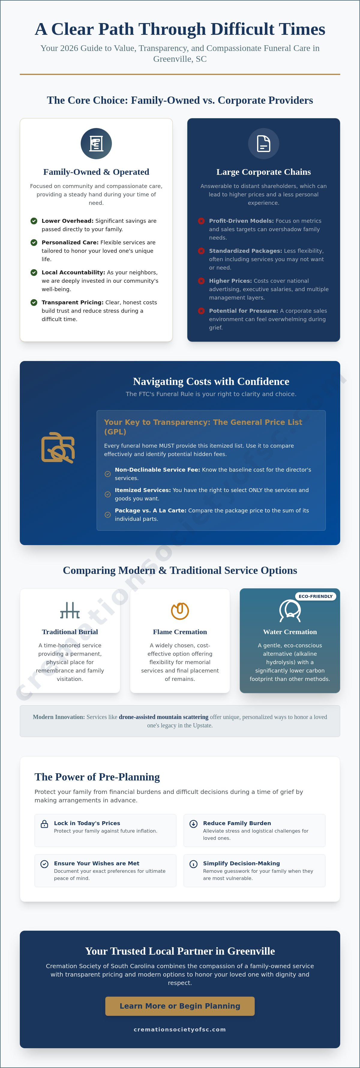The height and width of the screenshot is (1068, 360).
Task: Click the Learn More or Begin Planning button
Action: coord(180,1006)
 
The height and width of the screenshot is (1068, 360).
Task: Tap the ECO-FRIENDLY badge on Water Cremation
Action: coord(316,596)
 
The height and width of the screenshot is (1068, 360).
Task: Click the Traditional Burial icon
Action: coord(70,610)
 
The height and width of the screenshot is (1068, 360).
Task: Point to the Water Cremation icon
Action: coord(290,610)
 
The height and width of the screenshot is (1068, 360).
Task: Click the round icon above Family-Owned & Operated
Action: coord(96,143)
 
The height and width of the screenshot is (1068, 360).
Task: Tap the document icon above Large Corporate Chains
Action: coord(264,143)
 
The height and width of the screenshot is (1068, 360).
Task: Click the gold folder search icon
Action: coord(58,448)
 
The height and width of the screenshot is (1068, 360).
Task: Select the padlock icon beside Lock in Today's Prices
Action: coord(44,824)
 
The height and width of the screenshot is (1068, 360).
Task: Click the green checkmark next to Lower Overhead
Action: coord(34,221)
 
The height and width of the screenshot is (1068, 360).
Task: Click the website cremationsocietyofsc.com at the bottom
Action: coord(180,1029)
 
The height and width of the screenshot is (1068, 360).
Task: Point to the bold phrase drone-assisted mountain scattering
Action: coord(164,717)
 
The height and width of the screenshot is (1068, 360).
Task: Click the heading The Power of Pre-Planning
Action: coord(97,777)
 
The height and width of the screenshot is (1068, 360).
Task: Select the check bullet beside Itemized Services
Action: coord(107,494)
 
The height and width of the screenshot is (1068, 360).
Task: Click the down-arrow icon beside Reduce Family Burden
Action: coord(193,824)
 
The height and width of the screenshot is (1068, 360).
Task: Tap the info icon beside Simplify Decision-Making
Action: coord(193,864)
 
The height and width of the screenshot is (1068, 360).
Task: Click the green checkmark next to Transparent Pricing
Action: coord(34,302)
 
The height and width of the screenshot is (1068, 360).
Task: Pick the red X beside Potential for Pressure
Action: coord(201,311)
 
